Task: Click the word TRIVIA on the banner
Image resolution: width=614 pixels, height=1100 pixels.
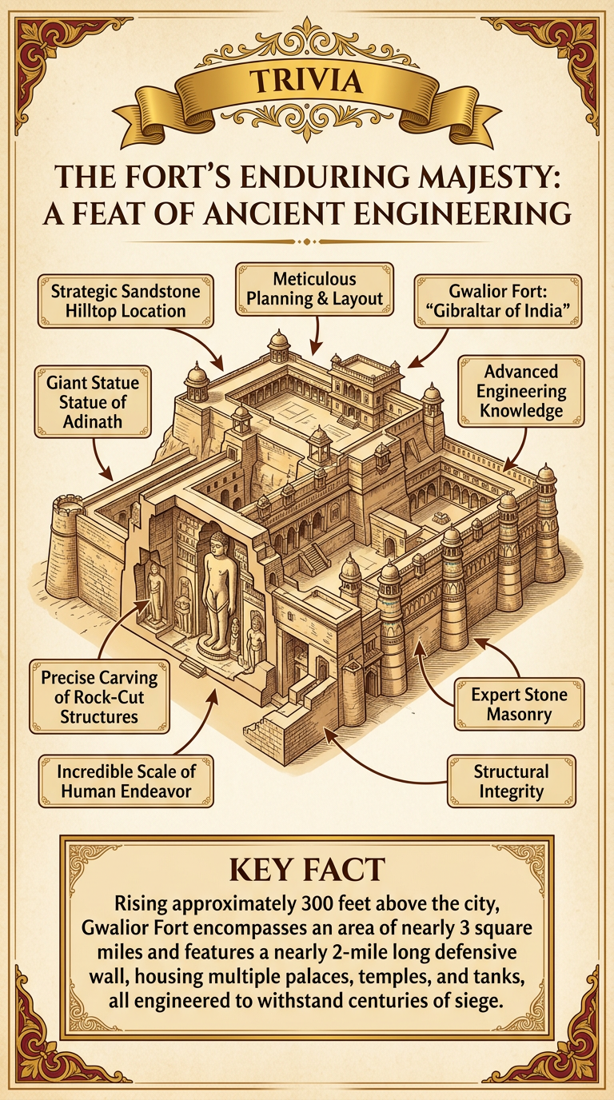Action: [x=306, y=81]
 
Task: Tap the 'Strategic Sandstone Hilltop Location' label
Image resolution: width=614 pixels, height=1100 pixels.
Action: [x=126, y=301]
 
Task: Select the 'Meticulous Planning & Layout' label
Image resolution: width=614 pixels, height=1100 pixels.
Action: [x=315, y=289]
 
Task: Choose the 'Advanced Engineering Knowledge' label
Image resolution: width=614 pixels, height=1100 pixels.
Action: [x=521, y=392]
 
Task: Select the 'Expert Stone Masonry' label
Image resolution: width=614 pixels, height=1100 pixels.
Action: [x=519, y=703]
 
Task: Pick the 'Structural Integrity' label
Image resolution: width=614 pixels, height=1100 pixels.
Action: [x=510, y=782]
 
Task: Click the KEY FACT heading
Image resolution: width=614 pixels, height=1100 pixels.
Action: [x=307, y=871]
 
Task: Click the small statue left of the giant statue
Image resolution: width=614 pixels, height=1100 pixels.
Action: [x=154, y=593]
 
